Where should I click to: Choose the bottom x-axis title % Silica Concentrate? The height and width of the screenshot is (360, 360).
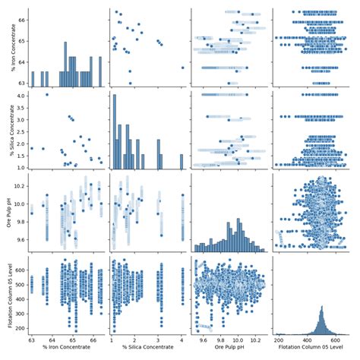[148, 355]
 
